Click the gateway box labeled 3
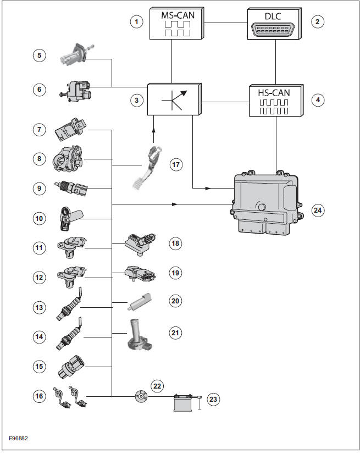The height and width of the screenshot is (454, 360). tap(174, 99)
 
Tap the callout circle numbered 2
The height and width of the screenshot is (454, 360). tap(317, 22)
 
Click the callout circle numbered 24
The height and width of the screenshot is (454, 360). tap(318, 210)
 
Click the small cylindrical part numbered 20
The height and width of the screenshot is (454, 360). tap(141, 301)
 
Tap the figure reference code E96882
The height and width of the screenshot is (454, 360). tap(19, 438)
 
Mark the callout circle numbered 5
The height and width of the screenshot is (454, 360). tap(38, 56)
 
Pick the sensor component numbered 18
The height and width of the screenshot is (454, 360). tap(141, 242)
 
